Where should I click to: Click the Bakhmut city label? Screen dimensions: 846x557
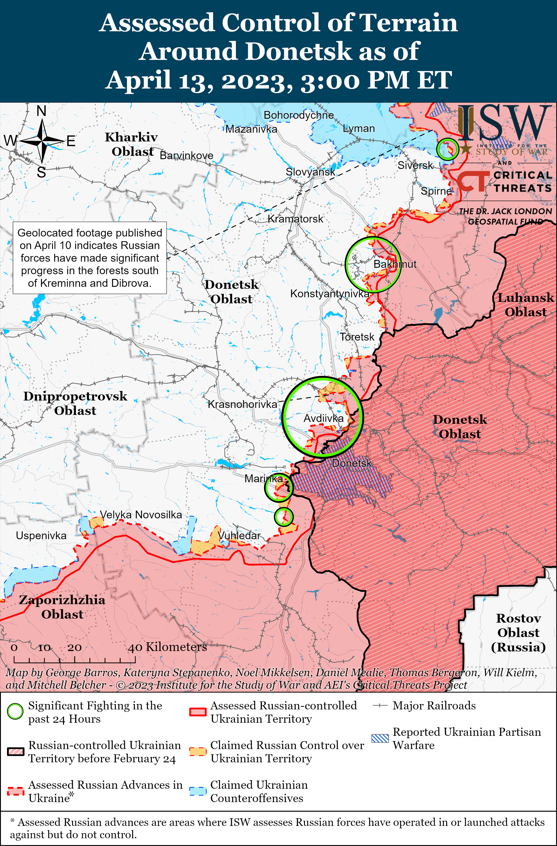pyautogui.click(x=395, y=264)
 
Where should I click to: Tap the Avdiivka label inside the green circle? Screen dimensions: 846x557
pyautogui.click(x=323, y=418)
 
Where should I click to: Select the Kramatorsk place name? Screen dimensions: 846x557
pyautogui.click(x=295, y=219)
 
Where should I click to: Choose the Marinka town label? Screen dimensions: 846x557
pyautogui.click(x=264, y=479)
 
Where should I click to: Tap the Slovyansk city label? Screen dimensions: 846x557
pyautogui.click(x=310, y=172)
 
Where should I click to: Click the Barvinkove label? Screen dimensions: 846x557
pyautogui.click(x=187, y=156)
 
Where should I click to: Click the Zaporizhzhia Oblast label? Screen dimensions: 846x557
pyautogui.click(x=62, y=607)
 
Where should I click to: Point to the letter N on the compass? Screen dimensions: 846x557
pyautogui.click(x=42, y=111)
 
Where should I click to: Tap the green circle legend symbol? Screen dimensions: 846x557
pyautogui.click(x=15, y=711)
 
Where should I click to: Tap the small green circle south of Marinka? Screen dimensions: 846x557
pyautogui.click(x=284, y=517)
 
